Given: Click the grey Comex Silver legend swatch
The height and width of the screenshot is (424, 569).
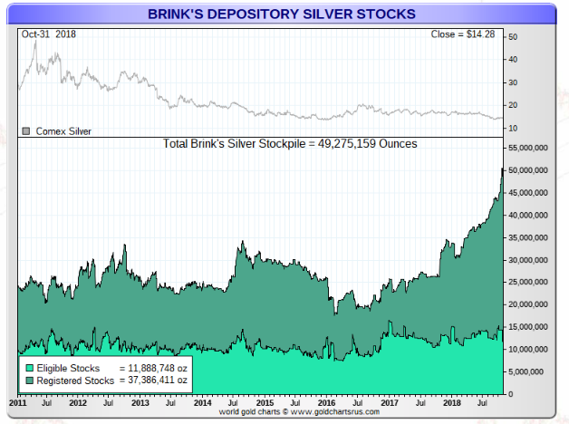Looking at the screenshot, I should click(26, 130).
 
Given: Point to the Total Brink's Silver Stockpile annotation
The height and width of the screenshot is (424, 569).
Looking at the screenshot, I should click(289, 143).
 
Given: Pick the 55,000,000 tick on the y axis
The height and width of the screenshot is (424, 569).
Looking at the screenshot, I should click(528, 147).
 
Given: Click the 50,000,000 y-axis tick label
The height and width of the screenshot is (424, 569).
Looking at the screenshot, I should click(528, 169).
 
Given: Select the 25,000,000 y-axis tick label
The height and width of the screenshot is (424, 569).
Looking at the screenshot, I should click(528, 282).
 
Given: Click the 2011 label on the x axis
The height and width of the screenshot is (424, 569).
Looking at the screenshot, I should click(17, 400).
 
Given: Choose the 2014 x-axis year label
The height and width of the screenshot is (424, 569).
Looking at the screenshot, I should click(202, 400).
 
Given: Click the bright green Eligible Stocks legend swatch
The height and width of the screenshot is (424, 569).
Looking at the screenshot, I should click(28, 369).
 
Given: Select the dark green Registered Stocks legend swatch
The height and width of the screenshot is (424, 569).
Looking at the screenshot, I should click(28, 381).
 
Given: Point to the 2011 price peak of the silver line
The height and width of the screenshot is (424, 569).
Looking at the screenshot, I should click(34, 41).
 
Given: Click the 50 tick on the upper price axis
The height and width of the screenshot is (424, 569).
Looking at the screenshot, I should click(513, 37).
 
